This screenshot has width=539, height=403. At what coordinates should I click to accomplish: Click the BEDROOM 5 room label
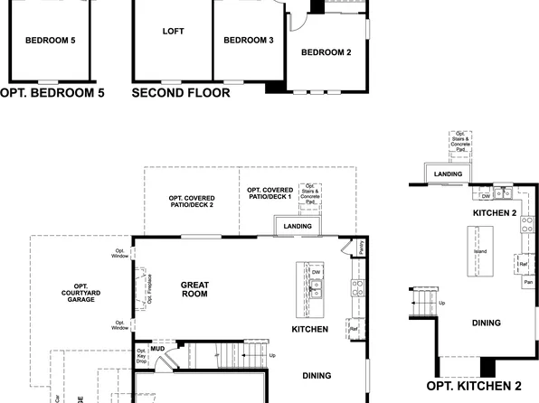point(50,40)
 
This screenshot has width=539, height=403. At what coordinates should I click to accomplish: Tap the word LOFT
point(173,32)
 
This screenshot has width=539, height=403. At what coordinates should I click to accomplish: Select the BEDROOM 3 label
point(248,40)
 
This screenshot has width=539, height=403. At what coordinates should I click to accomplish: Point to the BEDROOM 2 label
point(326,52)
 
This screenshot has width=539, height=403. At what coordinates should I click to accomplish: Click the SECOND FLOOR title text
point(181,92)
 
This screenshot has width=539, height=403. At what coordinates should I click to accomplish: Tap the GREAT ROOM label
point(194,290)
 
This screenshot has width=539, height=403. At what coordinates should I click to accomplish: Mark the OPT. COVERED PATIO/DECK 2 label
point(191,201)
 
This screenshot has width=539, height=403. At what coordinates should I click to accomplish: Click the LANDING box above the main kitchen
point(297,226)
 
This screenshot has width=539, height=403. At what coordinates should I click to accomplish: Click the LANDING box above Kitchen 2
point(448,174)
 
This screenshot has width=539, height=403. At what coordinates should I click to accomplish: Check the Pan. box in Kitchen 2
point(526,282)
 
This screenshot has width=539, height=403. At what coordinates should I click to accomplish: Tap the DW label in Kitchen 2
point(486,195)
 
